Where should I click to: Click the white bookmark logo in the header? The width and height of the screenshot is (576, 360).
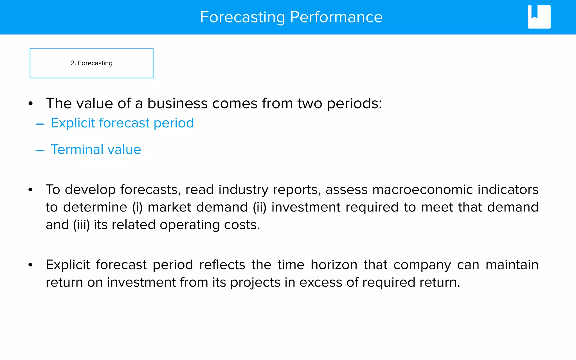(539, 17)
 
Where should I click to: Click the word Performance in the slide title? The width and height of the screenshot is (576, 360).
(336, 17)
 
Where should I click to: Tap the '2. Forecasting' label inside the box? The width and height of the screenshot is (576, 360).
(91, 63)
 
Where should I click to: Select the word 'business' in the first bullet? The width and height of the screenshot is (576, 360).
(177, 103)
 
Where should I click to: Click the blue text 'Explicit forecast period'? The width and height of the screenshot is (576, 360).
(122, 123)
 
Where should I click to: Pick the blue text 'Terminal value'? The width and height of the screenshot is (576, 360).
(96, 149)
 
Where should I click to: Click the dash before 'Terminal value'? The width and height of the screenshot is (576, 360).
(40, 151)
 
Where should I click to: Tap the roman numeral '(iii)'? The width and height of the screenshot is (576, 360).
(81, 225)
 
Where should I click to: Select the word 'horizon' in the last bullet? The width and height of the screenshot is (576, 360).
(334, 265)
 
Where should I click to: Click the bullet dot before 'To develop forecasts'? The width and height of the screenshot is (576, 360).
(30, 190)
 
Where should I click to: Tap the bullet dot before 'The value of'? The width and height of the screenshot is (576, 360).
(30, 103)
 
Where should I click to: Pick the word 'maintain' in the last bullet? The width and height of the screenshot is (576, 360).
(512, 265)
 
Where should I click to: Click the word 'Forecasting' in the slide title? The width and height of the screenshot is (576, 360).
(242, 17)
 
